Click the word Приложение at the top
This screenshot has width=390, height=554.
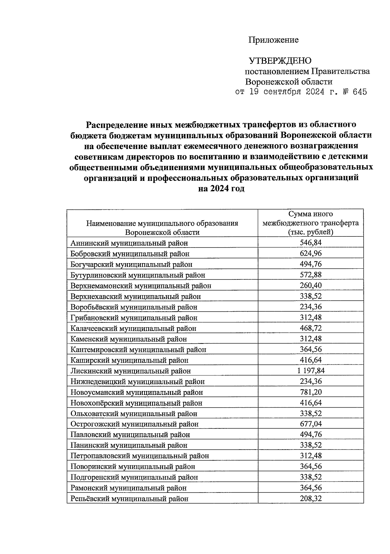pos(273,40)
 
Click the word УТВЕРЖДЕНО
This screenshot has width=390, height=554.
pos(280,61)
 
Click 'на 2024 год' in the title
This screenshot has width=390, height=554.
pos(221,189)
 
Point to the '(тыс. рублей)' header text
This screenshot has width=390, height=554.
pos(310,232)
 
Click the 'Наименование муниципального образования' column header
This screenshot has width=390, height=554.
pos(162,223)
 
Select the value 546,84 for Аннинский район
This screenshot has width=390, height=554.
pos(310,243)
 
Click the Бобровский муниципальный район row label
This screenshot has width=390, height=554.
pos(130,254)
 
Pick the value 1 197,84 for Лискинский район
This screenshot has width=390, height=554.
pos(310,371)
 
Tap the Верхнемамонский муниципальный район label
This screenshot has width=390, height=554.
pos(141,286)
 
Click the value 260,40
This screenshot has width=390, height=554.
pos(310,285)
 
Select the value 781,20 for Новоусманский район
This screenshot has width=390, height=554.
pos(310,392)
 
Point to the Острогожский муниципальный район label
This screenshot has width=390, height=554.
pos(134,424)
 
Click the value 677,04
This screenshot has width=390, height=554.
pos(310,424)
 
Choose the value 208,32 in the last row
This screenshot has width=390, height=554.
pos(310,498)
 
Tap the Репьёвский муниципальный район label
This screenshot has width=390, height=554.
pos(129,498)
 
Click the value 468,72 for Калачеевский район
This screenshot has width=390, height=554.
pos(310,328)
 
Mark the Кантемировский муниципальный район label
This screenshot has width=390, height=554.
pos(138,350)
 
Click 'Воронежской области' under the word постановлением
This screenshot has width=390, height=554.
pos(289,82)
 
